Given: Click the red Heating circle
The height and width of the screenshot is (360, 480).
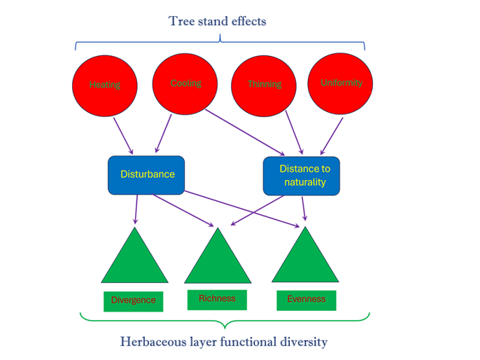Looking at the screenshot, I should point(104,85).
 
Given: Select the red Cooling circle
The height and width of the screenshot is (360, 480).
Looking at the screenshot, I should point(185,83).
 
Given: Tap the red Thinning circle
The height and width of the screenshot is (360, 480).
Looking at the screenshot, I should point(264,85).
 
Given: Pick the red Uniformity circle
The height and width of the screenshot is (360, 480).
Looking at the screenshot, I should point(341,83).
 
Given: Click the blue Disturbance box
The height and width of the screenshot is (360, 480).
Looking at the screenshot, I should point(146,174).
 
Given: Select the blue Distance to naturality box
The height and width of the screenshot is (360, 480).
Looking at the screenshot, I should point(302,175).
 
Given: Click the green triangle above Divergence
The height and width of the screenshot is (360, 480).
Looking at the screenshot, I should point(134,260).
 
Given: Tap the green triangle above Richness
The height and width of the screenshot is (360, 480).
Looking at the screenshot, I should point(218,259).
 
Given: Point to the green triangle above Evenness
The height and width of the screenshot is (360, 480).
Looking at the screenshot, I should point(305,258).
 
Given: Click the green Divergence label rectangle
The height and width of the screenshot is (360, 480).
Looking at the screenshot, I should point(133,300).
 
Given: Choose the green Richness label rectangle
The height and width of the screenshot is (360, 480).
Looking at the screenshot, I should point(217,298).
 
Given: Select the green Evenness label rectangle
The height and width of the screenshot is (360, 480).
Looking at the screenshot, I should point(306,299).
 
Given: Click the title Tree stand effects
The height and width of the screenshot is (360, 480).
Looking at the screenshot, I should point(218,21).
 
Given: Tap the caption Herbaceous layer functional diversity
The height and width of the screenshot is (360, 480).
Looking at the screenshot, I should point(224,342).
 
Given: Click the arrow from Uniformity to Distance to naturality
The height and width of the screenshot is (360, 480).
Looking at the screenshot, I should point(332,136).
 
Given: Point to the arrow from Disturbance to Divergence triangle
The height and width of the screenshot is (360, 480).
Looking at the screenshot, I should point(136,210).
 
